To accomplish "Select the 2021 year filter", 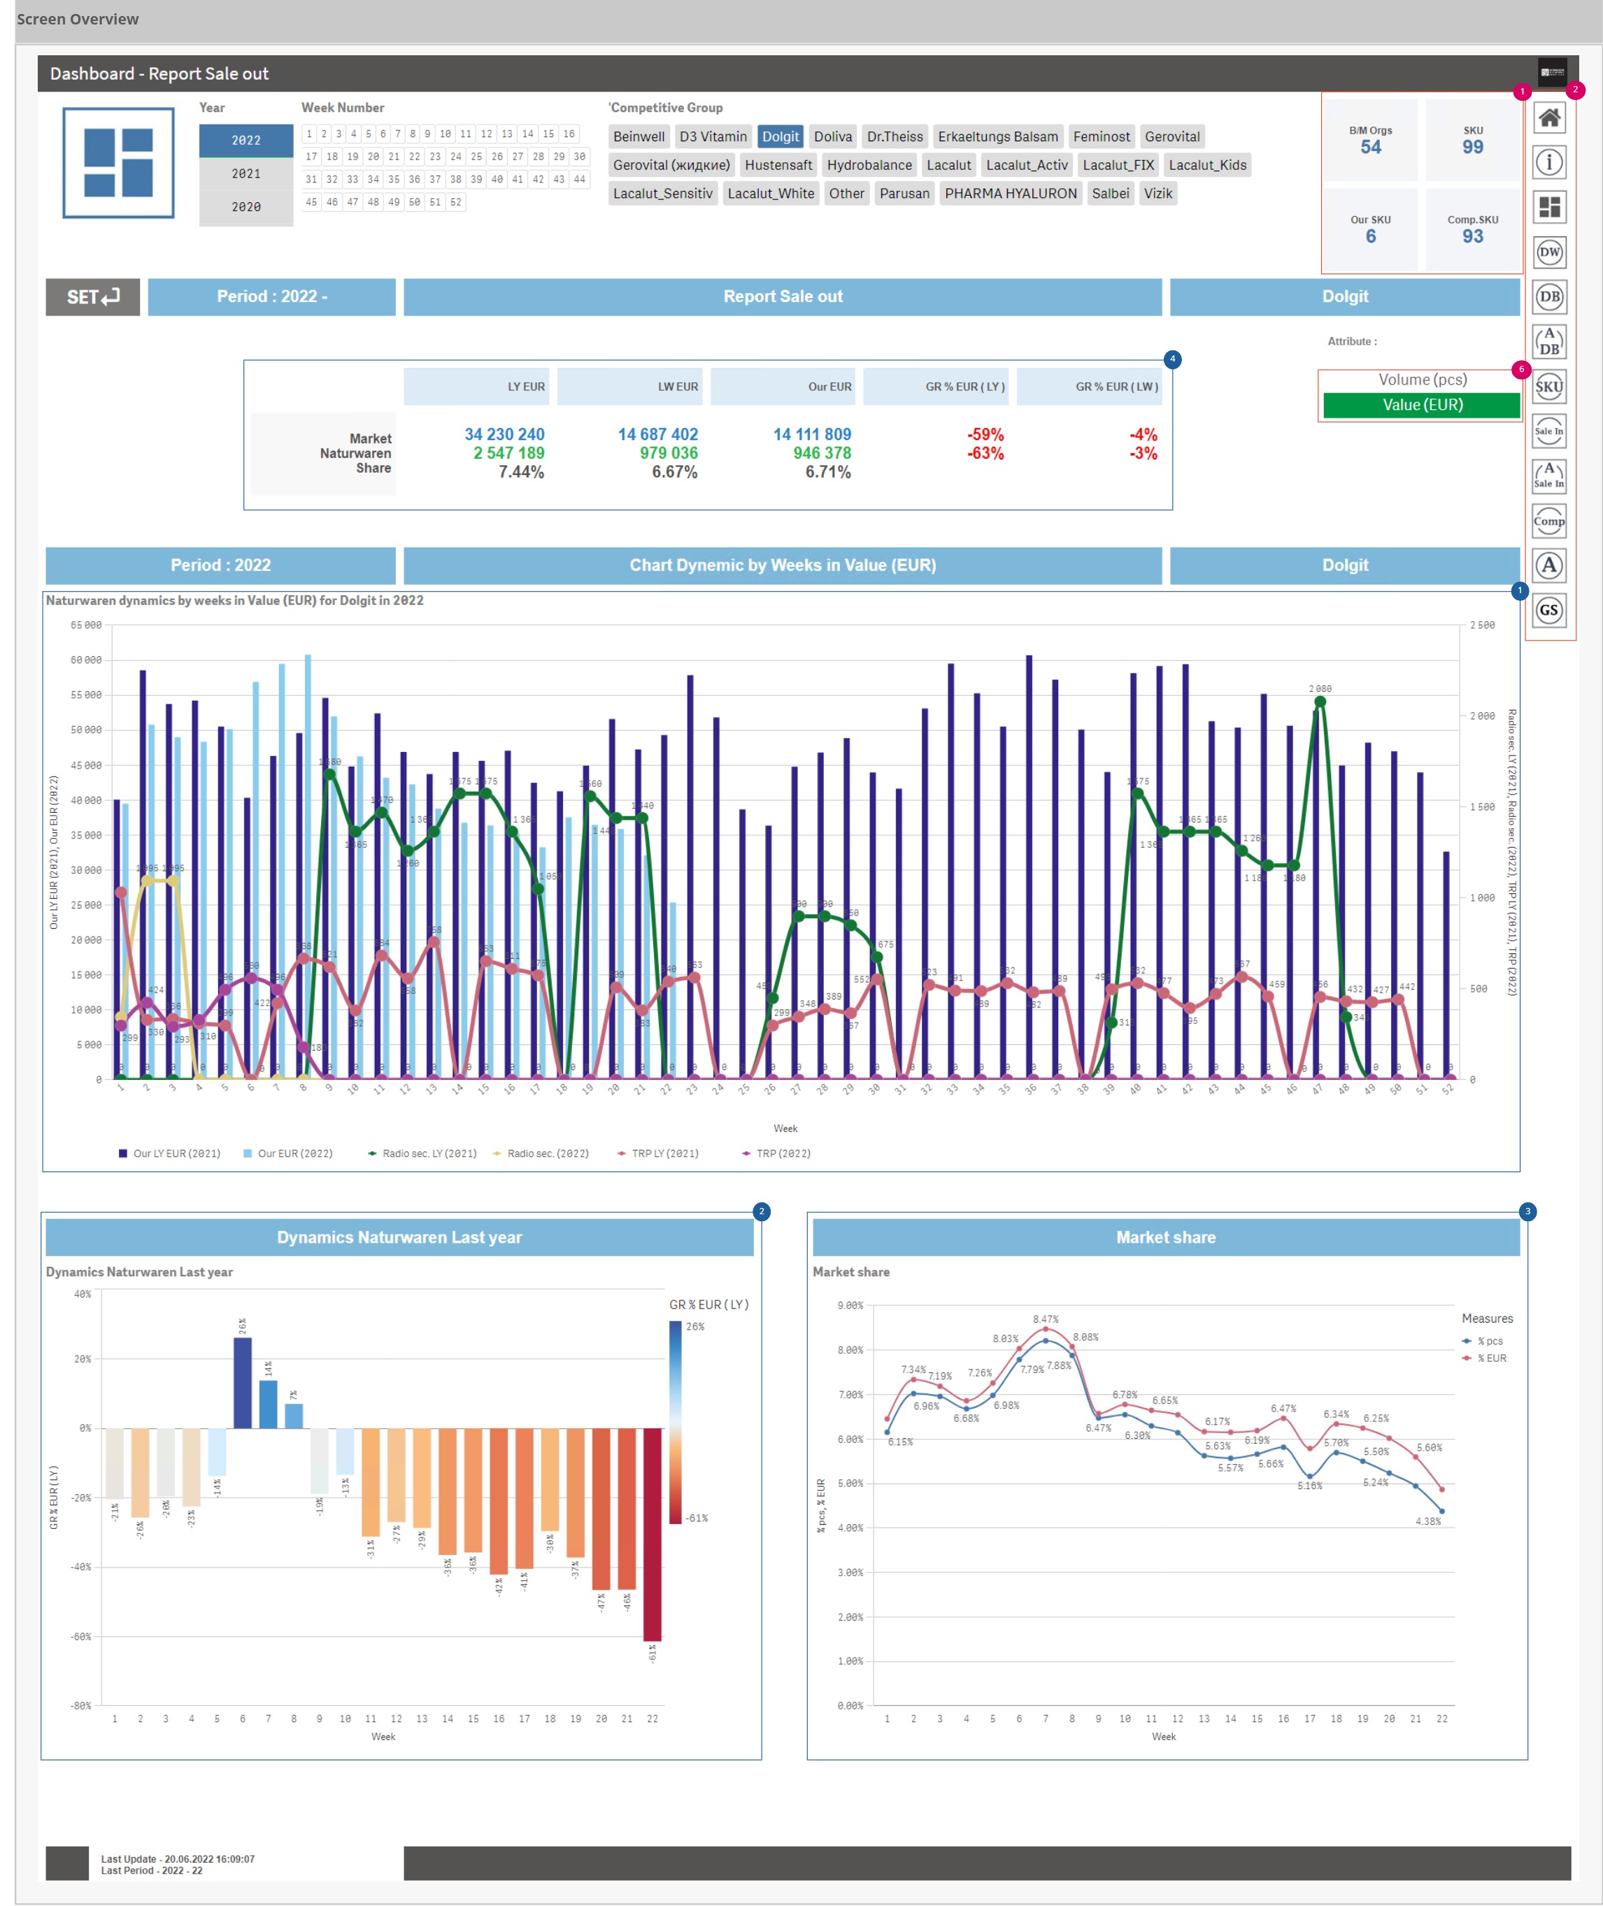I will pyautogui.click(x=245, y=173).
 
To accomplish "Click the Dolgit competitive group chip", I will pyautogui.click(x=780, y=136).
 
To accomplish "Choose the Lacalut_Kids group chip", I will pyautogui.click(x=1206, y=164).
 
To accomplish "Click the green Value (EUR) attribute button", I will pyautogui.click(x=1421, y=404).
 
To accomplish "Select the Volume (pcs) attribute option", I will pyautogui.click(x=1421, y=380).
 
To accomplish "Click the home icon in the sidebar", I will pyautogui.click(x=1548, y=118).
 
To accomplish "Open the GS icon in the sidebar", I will pyautogui.click(x=1548, y=610).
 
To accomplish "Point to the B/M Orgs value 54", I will pyautogui.click(x=1369, y=148).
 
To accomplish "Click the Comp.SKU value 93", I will pyautogui.click(x=1472, y=236).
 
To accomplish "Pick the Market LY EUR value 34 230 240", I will pyautogui.click(x=504, y=434).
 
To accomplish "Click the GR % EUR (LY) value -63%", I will pyautogui.click(x=985, y=453).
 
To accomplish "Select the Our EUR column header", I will pyautogui.click(x=829, y=386).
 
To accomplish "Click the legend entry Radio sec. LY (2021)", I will pyautogui.click(x=428, y=1153).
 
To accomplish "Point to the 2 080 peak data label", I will pyautogui.click(x=1320, y=689).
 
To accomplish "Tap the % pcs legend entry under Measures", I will pyautogui.click(x=1488, y=1341).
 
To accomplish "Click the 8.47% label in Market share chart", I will pyautogui.click(x=1045, y=1319).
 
